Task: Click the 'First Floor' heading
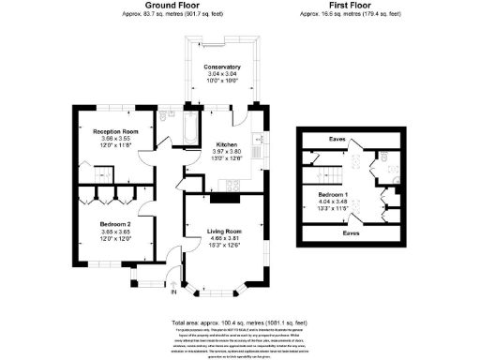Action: point(349,6)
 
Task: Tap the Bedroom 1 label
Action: point(346,193)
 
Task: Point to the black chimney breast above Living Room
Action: point(224,197)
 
